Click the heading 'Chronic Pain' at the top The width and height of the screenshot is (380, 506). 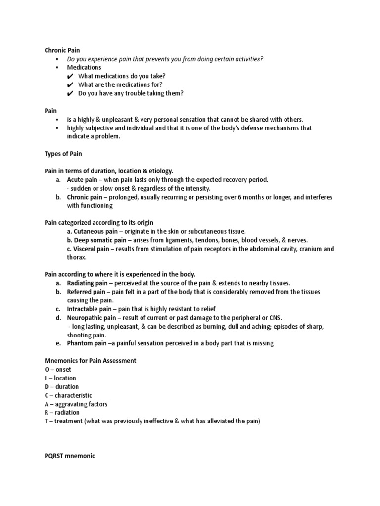point(62,50)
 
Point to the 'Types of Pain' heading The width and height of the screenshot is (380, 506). point(63,154)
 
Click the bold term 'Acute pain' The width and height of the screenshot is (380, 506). point(82,180)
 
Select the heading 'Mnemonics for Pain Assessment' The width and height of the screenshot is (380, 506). point(90,361)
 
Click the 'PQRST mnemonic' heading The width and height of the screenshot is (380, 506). point(69,456)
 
